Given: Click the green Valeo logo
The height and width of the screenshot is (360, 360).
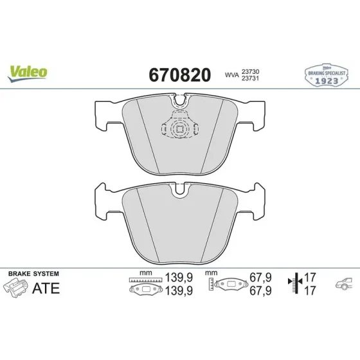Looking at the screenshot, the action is pyautogui.click(x=28, y=73).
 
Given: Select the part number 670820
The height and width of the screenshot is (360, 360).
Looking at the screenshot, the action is pyautogui.click(x=180, y=75).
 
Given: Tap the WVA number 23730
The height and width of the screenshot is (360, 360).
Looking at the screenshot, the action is pyautogui.click(x=250, y=71).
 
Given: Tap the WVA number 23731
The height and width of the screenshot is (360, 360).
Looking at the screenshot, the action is pyautogui.click(x=250, y=78).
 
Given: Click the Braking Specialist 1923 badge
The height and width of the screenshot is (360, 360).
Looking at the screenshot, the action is pyautogui.click(x=327, y=75).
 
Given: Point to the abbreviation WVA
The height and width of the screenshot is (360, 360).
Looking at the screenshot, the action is pyautogui.click(x=232, y=75).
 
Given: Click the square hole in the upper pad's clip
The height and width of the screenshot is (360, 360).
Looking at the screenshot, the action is pyautogui.click(x=180, y=129).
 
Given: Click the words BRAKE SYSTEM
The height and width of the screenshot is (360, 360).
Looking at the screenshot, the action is pyautogui.click(x=33, y=274).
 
